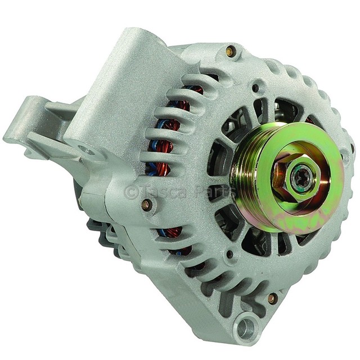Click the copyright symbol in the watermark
pyautogui.click(x=131, y=192)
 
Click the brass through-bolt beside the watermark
pyautogui.click(x=146, y=205)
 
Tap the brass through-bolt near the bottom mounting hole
pyautogui.click(x=272, y=298)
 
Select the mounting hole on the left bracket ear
pyautogui.click(x=86, y=150)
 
